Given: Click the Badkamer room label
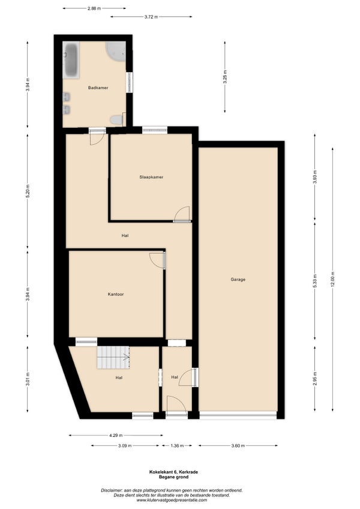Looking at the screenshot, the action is (98, 88).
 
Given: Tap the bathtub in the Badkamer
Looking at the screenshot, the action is (71, 60).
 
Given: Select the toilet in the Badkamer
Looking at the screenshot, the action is (117, 119).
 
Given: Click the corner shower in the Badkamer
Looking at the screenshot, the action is (116, 51).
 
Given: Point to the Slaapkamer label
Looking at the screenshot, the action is (151, 177).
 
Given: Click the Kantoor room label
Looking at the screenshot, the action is (116, 295).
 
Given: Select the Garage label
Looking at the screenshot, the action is (238, 279).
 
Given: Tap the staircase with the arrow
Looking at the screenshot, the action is (113, 357).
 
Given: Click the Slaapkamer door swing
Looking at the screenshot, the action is (182, 214).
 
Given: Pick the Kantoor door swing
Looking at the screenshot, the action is (157, 261).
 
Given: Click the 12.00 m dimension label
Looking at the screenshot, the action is (332, 279).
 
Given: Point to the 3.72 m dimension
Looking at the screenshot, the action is (151, 17).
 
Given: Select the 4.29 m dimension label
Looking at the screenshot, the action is (116, 435).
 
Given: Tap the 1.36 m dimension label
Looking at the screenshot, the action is (177, 446).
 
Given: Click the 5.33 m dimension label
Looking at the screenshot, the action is (314, 281).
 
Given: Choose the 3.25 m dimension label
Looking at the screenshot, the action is (224, 77).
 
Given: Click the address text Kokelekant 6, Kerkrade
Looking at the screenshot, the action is (173, 472).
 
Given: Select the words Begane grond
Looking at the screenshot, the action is (173, 477).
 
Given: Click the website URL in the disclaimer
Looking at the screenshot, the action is (172, 500).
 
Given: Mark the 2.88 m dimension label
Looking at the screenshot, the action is (94, 8).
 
